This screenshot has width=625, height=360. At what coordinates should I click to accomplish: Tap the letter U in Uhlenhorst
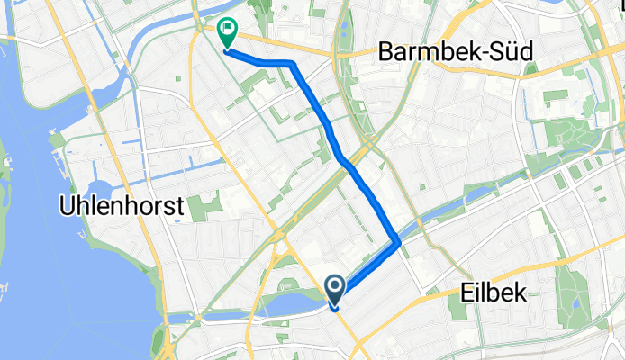(66, 205)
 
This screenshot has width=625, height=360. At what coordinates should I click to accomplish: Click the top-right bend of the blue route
(293, 65)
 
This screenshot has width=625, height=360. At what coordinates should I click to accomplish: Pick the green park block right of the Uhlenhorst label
(206, 206)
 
